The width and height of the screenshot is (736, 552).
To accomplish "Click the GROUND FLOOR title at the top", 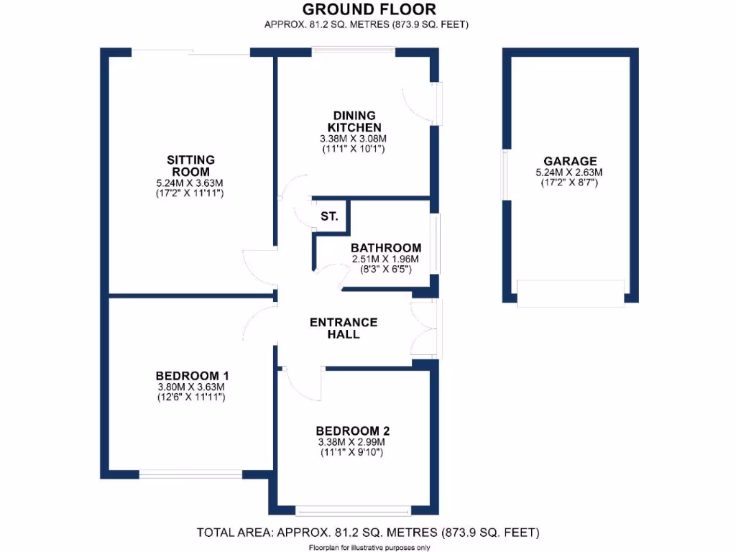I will coord(368,9).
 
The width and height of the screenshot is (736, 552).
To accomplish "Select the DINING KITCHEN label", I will coord(354,121).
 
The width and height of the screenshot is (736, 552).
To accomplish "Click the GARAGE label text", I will coord(570,162).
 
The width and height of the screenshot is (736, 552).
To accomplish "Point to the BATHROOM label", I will coord(386,248).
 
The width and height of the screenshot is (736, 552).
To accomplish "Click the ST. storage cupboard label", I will coord(330,216).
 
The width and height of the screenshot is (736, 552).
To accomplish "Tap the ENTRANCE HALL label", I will coord(343,328).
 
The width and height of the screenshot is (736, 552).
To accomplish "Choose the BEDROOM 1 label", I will coord(192,376).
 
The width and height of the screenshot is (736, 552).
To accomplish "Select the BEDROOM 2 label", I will coord(354,431).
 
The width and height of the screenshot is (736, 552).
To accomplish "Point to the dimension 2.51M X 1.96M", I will coord(386,259).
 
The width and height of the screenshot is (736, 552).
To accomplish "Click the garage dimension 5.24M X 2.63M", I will coord(570,172).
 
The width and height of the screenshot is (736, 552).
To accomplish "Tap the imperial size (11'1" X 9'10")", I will coord(354,453).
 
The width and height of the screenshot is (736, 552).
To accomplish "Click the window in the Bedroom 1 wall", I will coord(190,474).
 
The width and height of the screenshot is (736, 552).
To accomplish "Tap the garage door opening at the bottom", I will coord(570,295).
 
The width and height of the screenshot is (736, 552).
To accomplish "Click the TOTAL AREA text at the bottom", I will coord(368,533).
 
